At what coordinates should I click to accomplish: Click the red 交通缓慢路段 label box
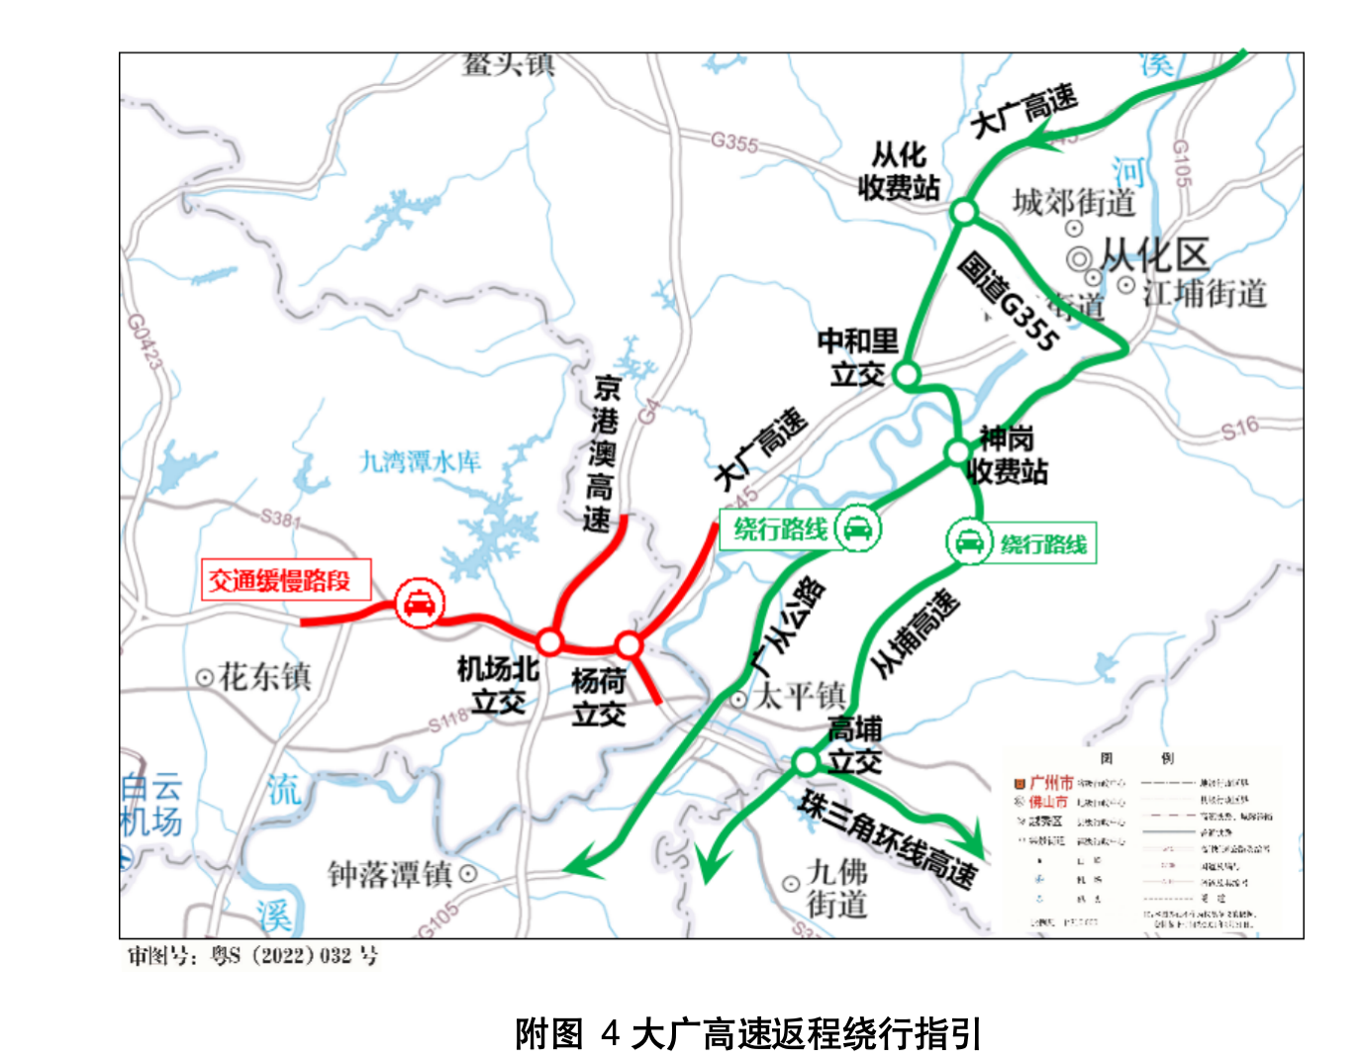coord(286,580)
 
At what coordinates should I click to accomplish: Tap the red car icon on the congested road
coord(420,603)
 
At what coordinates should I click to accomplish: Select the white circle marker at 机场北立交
coord(549,641)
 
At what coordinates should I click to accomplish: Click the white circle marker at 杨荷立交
coord(629,646)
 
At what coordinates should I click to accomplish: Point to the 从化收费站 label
coord(899,171)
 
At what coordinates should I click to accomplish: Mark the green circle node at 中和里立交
coord(906,375)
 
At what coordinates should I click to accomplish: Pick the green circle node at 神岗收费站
coord(957,452)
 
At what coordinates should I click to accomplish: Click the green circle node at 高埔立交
coord(806,761)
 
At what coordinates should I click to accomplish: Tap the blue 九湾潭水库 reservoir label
coord(420,461)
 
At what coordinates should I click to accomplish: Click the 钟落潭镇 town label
coord(390,874)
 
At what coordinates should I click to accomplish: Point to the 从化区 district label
coord(1154,255)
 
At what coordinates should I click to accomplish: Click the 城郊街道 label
coord(1073,203)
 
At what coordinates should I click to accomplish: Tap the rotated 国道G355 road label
coord(1009,303)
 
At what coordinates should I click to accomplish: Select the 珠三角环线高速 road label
coord(888,839)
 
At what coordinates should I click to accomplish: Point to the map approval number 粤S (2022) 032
coord(253,956)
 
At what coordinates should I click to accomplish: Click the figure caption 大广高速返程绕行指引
coord(747,1033)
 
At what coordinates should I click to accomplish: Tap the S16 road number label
coord(1239,429)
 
